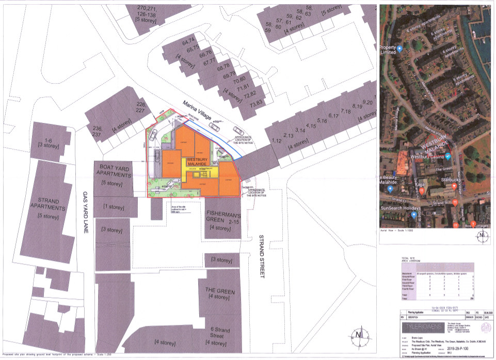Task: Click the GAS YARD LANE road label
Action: click(86, 212)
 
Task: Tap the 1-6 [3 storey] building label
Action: click(49, 143)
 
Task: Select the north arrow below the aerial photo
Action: click(481, 237)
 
